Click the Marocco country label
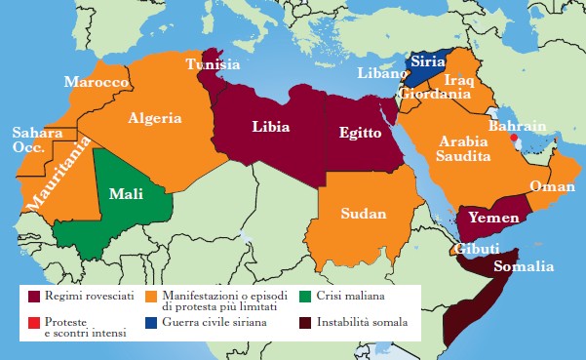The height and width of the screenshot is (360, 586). tap(98, 83)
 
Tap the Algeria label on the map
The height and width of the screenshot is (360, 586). tap(154, 118)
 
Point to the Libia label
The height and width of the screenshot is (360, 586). tap(270, 126)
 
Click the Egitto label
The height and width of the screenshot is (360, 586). tap(362, 133)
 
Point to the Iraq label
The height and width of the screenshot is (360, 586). tap(458, 80)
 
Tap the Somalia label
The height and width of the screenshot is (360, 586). tap(524, 266)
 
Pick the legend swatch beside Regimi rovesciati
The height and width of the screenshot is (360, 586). tap(37, 295)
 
